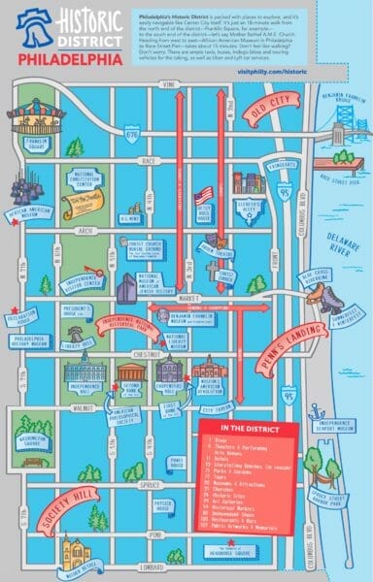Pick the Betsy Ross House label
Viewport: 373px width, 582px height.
point(204,215)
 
